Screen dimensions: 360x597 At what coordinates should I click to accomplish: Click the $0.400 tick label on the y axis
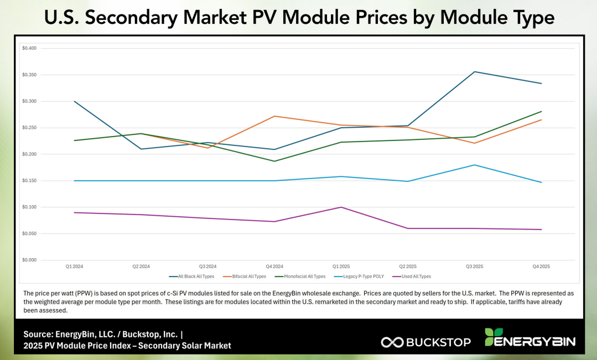click(29, 48)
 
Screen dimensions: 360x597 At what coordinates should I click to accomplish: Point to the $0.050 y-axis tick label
click(29, 234)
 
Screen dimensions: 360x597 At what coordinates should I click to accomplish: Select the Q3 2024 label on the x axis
click(207, 266)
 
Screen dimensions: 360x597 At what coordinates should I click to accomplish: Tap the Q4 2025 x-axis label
click(541, 266)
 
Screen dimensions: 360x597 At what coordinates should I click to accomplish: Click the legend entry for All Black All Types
click(193, 276)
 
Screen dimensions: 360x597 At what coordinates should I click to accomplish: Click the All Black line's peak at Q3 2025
click(474, 72)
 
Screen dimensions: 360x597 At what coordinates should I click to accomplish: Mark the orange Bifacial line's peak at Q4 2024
click(274, 116)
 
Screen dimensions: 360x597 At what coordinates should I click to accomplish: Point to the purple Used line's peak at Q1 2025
click(341, 207)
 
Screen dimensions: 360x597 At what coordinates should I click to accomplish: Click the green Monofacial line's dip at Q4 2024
click(274, 161)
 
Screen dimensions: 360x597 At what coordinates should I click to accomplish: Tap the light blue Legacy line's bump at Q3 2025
click(474, 165)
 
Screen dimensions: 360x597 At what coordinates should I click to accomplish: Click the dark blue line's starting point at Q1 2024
click(74, 101)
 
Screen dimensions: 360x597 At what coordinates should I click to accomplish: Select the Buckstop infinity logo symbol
click(392, 342)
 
